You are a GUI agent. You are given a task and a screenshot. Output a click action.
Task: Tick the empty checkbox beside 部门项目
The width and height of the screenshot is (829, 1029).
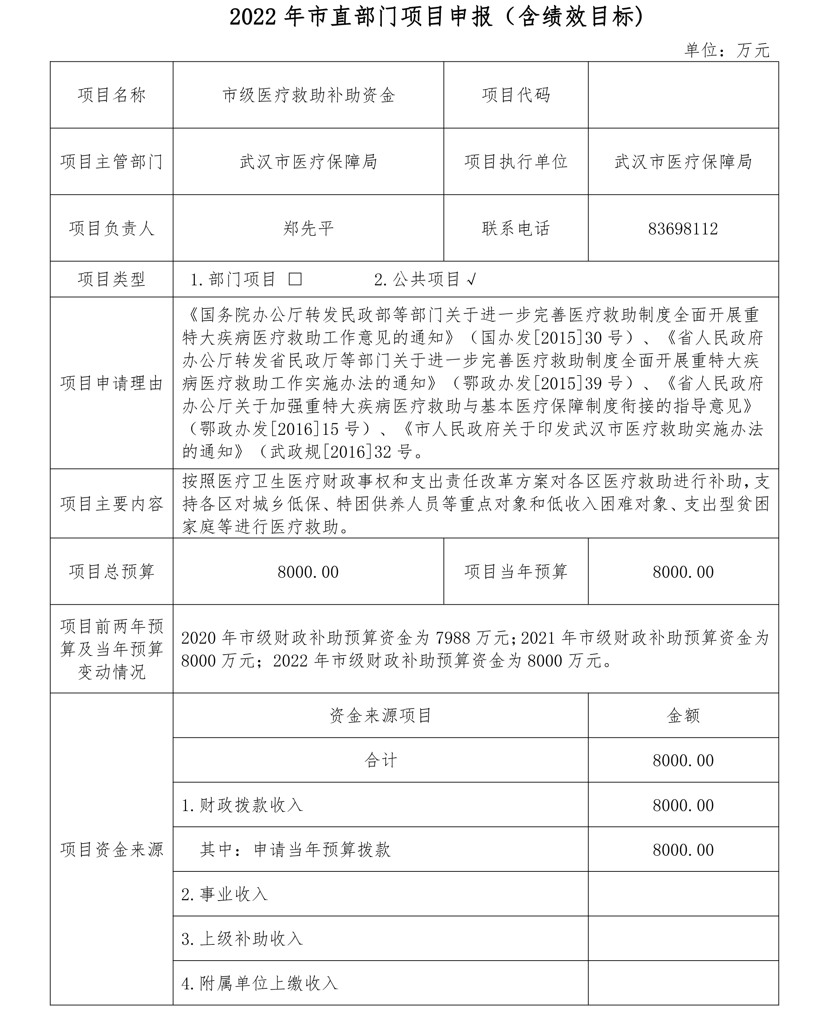coord(295,279)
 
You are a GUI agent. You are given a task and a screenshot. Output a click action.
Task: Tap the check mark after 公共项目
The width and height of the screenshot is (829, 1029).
coord(471,280)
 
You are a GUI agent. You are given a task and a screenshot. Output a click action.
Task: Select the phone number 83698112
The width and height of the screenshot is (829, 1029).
coord(683,229)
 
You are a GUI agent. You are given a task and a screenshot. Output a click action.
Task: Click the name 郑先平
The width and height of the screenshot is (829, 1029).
coord(308,229)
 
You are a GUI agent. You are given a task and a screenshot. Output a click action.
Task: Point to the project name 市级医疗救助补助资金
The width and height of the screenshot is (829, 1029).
coord(309,95)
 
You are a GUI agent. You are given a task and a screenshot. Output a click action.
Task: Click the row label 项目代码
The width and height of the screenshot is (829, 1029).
coord(516,95)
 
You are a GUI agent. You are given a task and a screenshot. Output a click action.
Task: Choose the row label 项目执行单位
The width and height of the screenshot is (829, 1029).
coord(516,162)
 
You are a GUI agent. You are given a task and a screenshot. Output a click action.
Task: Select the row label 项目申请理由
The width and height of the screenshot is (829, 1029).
coord(112,383)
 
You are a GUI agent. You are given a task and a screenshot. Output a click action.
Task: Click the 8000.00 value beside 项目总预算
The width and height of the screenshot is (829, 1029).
coord(308,572)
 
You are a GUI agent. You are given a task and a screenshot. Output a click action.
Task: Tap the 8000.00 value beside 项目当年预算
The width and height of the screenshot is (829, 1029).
coord(683,572)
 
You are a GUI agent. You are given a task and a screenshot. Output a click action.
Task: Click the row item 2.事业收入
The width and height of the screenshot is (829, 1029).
coord(224,894)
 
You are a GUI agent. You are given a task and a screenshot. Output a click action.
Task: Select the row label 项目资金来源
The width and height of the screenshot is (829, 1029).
coord(112,849)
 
